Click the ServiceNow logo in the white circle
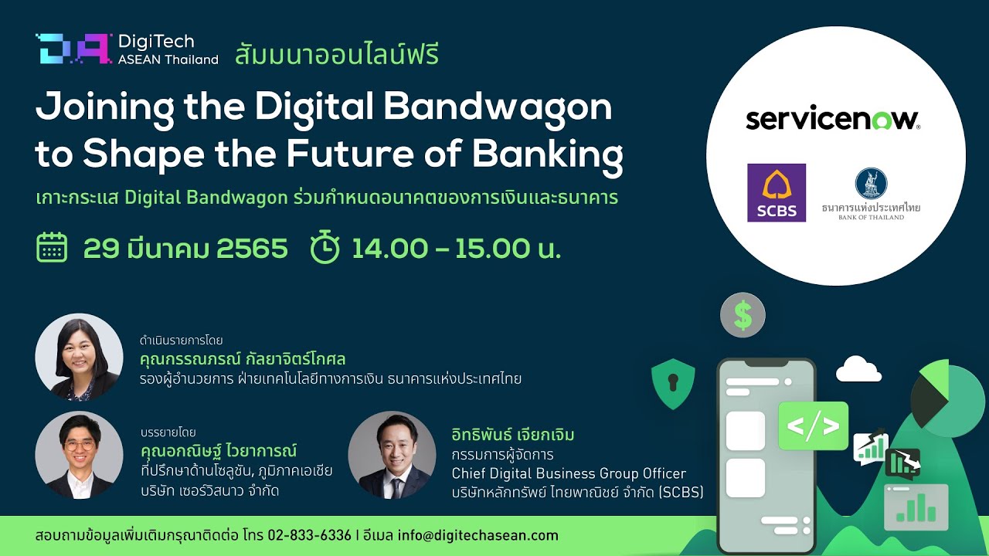tap(833, 120)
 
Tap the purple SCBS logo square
tap(777, 192)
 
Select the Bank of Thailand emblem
tap(871, 183)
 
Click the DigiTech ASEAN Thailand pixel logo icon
tap(73, 49)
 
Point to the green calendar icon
tap(52, 247)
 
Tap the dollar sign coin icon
tap(743, 315)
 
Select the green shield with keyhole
tap(673, 384)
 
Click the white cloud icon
tap(858, 369)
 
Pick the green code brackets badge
tap(813, 425)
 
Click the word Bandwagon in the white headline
tap(498, 107)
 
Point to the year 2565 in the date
tap(252, 248)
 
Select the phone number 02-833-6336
tap(310, 535)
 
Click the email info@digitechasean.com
tap(478, 535)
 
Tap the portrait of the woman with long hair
tap(79, 357)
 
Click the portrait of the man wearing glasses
tap(79, 455)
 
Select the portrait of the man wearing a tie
tap(392, 455)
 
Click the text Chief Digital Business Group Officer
tap(569, 473)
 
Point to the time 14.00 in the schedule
tap(390, 248)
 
